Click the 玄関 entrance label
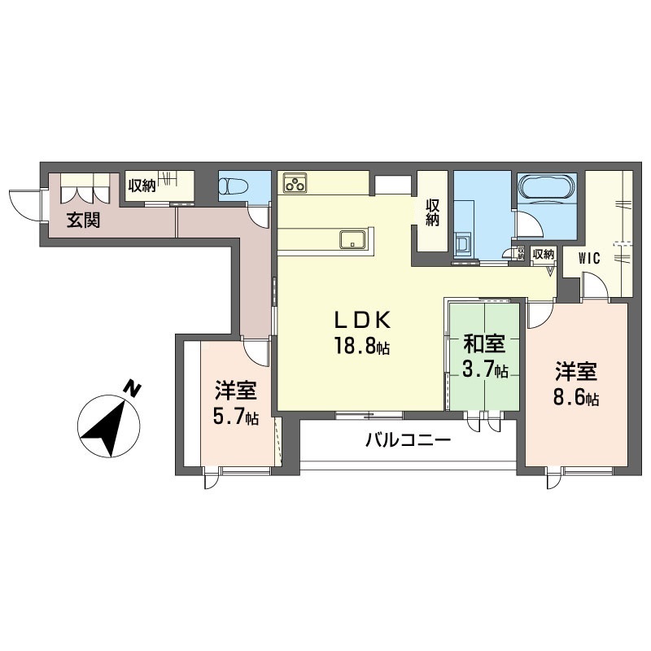(84, 220)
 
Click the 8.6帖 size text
(577, 399)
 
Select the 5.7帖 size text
(237, 417)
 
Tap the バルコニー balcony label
(408, 442)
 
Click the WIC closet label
(589, 258)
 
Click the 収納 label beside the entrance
(142, 185)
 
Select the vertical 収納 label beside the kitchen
(431, 211)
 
